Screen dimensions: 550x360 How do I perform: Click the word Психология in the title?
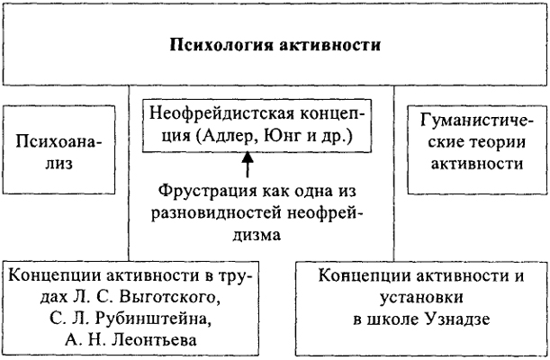(x=221, y=46)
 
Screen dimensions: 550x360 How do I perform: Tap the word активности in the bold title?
(x=330, y=46)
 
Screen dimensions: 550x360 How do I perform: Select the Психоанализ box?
(x=59, y=149)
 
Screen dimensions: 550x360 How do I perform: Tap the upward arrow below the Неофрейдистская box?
(x=248, y=165)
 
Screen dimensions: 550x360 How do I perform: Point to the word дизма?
(x=257, y=234)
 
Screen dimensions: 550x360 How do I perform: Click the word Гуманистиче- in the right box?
(x=476, y=121)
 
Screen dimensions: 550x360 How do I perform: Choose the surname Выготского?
(x=169, y=297)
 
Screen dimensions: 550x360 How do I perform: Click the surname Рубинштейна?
(x=153, y=319)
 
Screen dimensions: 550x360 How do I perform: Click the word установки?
(x=421, y=298)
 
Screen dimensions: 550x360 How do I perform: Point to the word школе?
(x=392, y=319)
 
